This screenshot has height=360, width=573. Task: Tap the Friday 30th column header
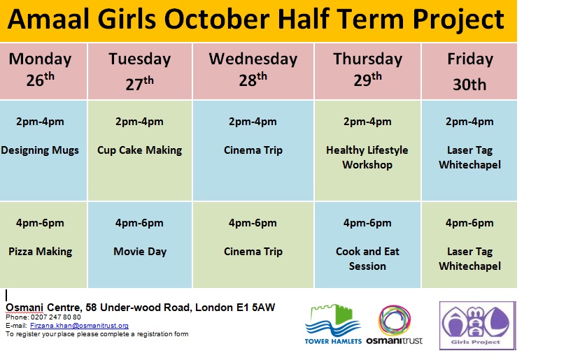pos(469,71)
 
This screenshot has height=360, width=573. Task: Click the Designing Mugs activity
pos(40,150)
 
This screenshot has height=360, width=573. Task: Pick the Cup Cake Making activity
pos(140,150)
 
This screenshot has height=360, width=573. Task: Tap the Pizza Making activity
pos(40,251)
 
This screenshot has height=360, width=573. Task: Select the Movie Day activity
pos(140,251)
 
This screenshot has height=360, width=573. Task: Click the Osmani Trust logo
pos(395,325)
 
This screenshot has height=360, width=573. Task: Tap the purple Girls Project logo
pos(477,326)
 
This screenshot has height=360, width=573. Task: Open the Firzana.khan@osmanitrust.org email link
pos(79,325)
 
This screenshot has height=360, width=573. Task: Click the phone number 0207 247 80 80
pos(56,317)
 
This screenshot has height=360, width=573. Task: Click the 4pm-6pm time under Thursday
pos(367,223)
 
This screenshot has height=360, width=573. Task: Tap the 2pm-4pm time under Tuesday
pos(140,122)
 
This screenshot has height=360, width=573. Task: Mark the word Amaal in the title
pos(48,20)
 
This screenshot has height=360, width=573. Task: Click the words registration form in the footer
pos(162,333)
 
